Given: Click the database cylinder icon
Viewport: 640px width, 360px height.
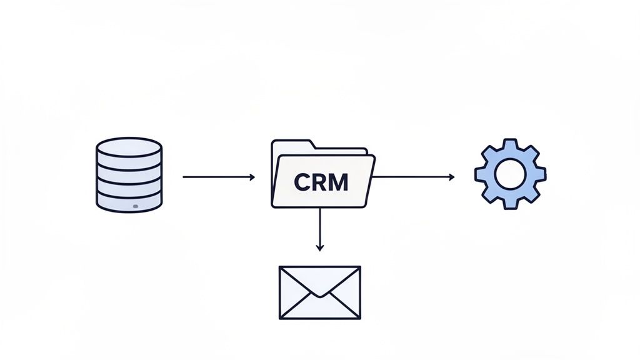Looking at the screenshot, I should pos(129,175).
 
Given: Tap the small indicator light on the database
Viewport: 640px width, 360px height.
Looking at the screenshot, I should pos(136,206).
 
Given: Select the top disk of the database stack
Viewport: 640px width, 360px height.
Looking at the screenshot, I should pos(129,149).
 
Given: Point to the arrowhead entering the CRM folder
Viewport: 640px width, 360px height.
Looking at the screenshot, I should pos(252,177).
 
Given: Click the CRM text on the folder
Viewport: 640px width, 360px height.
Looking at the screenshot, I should pos(321,182).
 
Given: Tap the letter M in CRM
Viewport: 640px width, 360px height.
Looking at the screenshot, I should pos(339,182).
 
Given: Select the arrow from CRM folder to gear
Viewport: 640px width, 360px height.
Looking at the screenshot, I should pos(412,177).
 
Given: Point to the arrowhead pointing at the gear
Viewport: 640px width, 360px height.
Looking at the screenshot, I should pos(452,177).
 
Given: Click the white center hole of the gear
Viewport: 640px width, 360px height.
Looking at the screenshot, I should pos(510,174).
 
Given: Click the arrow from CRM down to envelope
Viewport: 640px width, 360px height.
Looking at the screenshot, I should pos(320,228).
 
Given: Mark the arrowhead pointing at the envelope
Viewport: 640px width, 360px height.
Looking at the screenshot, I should pos(320,248).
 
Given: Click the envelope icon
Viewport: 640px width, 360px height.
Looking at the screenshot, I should pos(319,292).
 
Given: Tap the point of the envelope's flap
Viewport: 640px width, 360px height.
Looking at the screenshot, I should pos(319,296).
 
